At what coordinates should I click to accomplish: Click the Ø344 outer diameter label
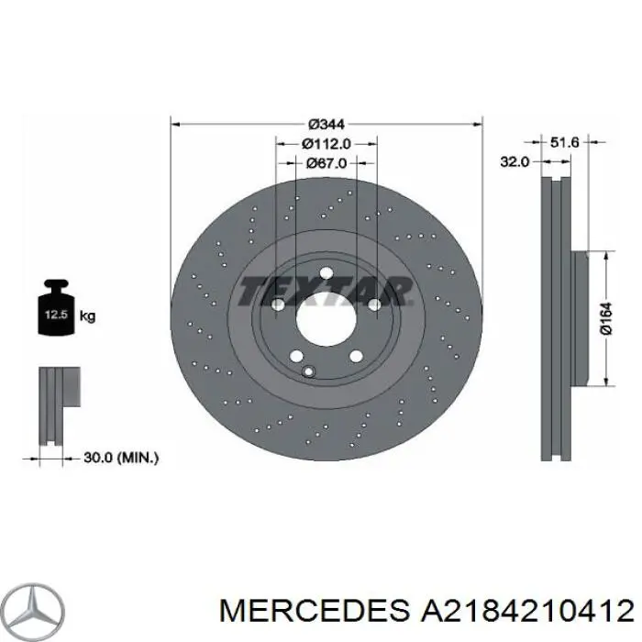click(x=326, y=123)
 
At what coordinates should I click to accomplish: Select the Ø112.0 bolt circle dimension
click(x=326, y=143)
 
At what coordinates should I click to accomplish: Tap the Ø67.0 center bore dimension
click(x=326, y=163)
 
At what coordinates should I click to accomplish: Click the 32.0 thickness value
click(x=515, y=161)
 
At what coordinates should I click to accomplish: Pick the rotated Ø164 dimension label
click(x=606, y=319)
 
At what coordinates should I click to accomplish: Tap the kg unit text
click(x=87, y=316)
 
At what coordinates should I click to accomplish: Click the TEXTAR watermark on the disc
click(x=326, y=292)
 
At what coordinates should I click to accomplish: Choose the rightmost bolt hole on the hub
click(x=373, y=304)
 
